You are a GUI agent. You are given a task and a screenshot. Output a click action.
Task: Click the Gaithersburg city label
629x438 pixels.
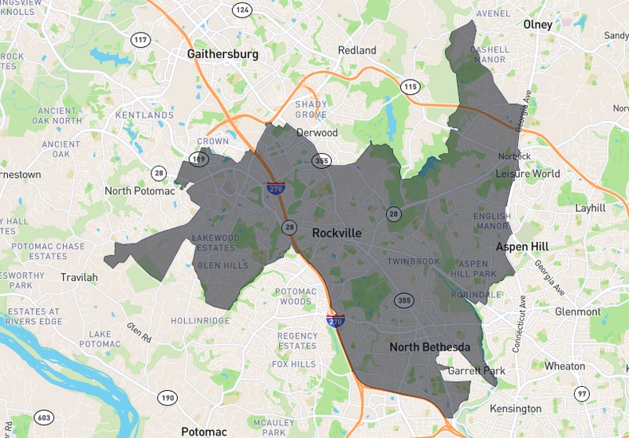(222, 54)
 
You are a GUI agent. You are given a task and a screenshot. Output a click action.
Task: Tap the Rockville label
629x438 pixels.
(336, 233)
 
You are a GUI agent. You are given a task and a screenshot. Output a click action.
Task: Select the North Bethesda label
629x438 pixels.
(430, 347)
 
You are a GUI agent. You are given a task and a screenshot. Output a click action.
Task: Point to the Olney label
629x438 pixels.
(537, 25)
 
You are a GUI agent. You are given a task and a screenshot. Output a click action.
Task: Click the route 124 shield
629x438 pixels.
(242, 10)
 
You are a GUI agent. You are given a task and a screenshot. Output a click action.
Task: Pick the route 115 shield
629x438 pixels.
(411, 86)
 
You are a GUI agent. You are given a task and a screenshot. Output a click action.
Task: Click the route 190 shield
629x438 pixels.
(167, 397)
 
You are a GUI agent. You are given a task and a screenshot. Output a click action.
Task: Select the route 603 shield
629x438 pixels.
(44, 418)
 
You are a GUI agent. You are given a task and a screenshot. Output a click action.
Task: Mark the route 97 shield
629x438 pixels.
(582, 394)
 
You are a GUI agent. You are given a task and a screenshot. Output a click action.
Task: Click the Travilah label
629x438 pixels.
(79, 277)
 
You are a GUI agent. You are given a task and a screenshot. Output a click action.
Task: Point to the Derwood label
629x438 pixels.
(316, 132)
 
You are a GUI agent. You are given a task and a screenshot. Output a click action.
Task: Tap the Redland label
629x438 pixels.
(356, 50)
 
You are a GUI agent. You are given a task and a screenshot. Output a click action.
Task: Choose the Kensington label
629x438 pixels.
(515, 409)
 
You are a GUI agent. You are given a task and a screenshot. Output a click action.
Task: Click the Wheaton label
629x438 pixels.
(564, 366)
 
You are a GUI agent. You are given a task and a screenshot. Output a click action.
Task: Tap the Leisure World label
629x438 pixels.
(528, 174)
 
